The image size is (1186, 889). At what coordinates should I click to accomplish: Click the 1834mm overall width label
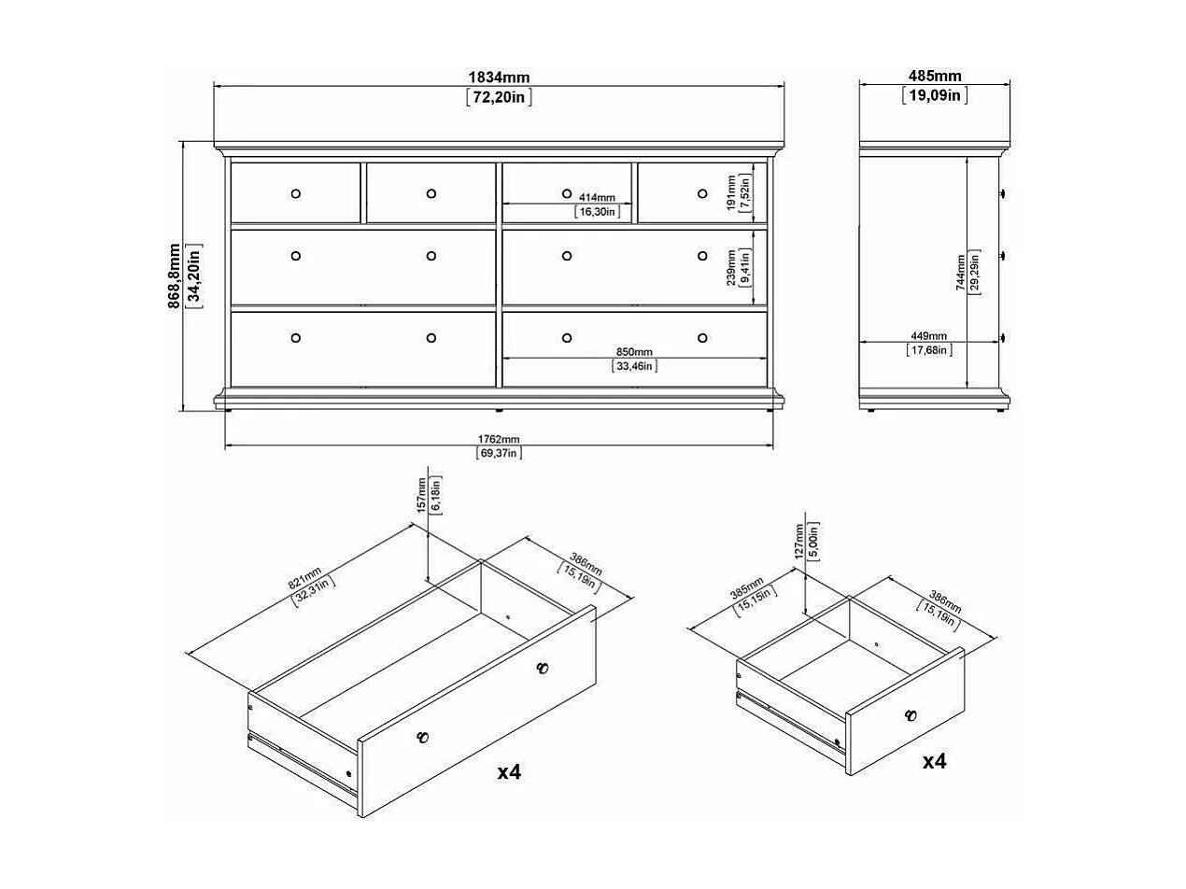[x=499, y=77]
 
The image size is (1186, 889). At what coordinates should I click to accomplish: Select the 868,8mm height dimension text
[x=175, y=275]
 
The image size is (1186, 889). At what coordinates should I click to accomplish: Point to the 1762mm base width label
[x=499, y=439]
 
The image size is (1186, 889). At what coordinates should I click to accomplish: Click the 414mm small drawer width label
[x=596, y=198]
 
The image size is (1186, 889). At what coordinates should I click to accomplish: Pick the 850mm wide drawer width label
[x=634, y=352]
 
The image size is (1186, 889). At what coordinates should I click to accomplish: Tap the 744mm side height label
[x=961, y=272]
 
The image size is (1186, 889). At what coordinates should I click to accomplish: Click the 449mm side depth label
[x=928, y=336]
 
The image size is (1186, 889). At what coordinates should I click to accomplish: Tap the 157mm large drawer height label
[x=422, y=494]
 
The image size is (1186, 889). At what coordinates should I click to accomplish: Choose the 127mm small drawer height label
[x=798, y=541]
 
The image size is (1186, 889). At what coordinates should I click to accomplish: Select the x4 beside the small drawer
[x=934, y=761]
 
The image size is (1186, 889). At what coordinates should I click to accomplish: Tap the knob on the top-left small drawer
[x=296, y=193]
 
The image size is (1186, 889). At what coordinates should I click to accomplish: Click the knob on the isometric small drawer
[x=910, y=716]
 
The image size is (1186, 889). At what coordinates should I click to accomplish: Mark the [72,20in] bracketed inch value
[x=499, y=97]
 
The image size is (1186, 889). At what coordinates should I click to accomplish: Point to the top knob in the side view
[x=1002, y=193]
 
